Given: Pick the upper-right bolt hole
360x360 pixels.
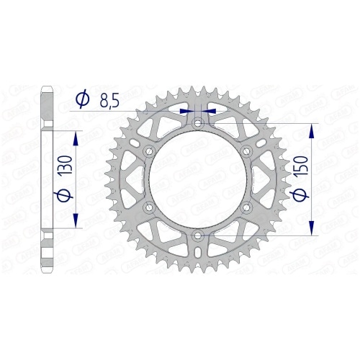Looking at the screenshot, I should pos(246,151).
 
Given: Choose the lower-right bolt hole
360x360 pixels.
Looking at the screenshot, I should pos(246,207).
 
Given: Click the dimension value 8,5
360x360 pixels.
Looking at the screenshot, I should pos(109,101).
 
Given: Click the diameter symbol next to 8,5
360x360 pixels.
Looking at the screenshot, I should pos(83,101).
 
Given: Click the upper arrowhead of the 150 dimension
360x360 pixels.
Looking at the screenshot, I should pos(310,131).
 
